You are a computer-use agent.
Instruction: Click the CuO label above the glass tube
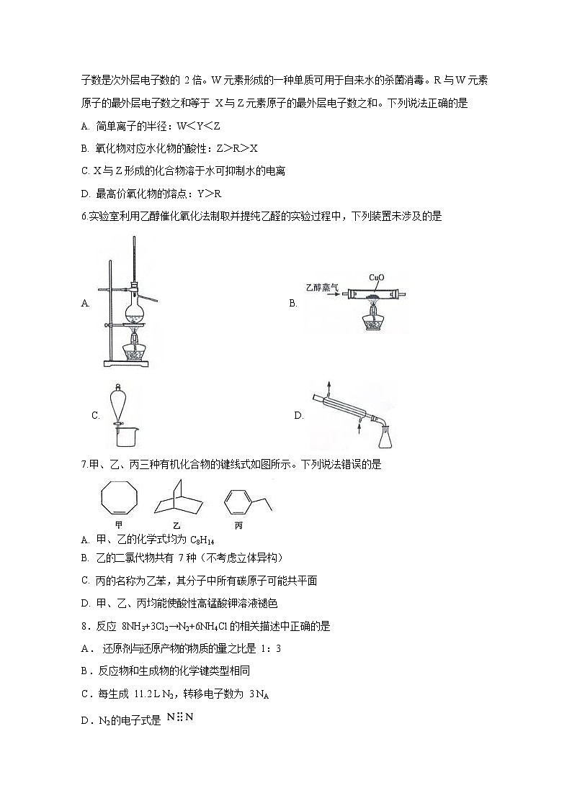(x=376, y=276)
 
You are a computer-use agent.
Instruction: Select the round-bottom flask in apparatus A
(x=135, y=312)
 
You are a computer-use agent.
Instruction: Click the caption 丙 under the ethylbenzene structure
(x=238, y=525)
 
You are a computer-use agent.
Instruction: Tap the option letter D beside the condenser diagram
(x=298, y=415)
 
